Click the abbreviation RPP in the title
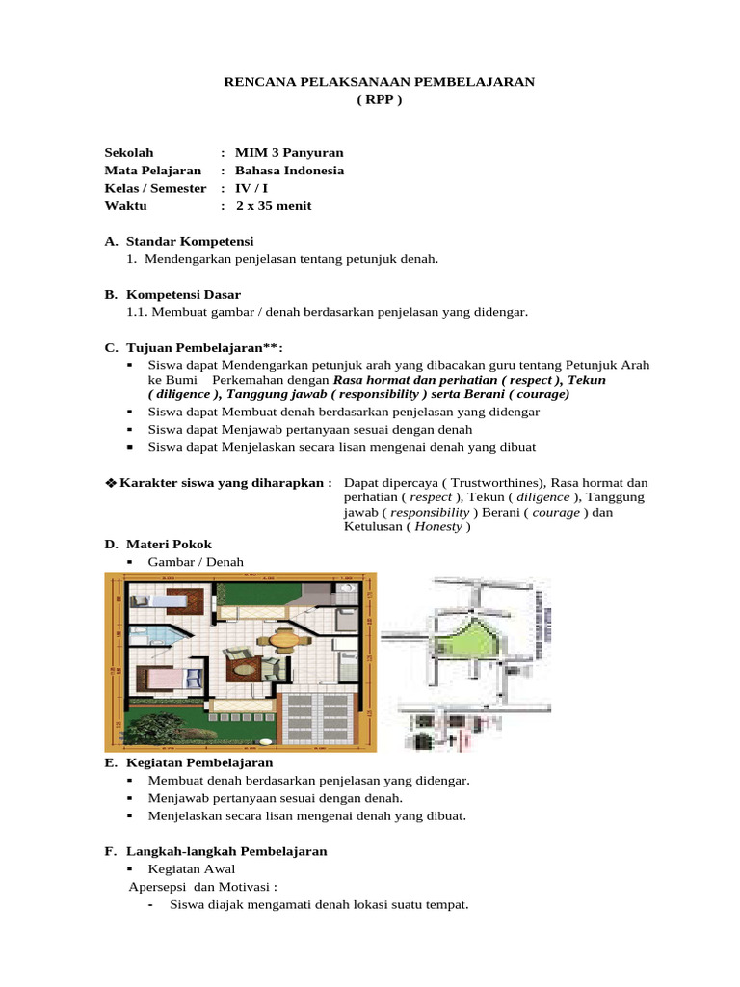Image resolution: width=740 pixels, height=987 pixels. [x=379, y=100]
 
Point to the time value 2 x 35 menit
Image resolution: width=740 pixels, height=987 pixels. [x=274, y=205]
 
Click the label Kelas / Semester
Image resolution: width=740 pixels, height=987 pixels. [x=155, y=188]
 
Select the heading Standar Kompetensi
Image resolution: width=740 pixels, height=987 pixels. [x=190, y=241]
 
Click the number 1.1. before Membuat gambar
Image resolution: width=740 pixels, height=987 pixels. [x=140, y=312]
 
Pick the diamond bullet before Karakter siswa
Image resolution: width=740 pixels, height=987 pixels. [x=110, y=482]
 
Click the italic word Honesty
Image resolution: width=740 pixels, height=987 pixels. [x=437, y=528]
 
